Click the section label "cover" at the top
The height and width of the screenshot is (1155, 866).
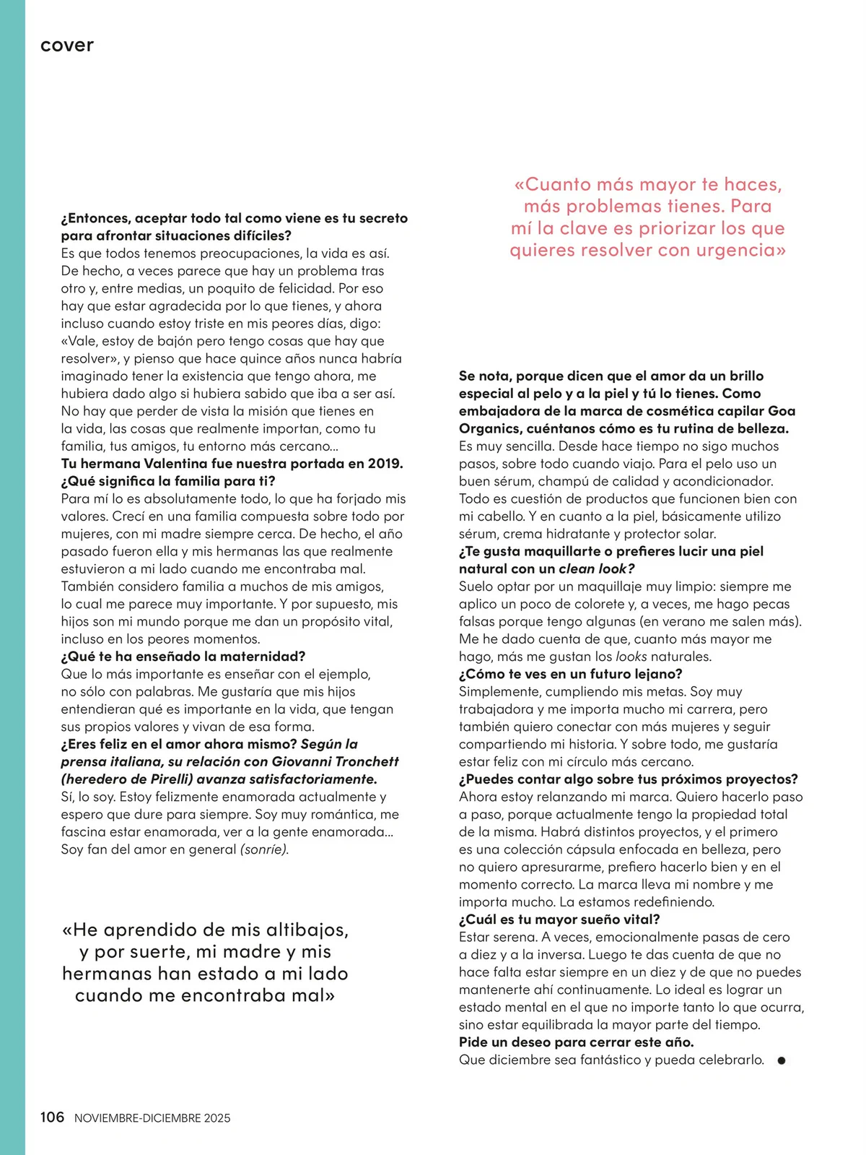pyautogui.click(x=67, y=46)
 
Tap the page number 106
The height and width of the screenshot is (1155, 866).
pyautogui.click(x=52, y=1117)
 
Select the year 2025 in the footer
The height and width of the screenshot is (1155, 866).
pyautogui.click(x=216, y=1118)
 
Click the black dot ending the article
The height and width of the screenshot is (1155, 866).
pyautogui.click(x=781, y=1060)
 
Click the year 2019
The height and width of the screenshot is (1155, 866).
pyautogui.click(x=385, y=464)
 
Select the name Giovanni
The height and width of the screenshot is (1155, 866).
pyautogui.click(x=302, y=761)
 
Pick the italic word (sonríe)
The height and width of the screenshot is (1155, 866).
pyautogui.click(x=264, y=849)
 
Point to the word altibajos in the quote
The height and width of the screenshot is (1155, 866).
pyautogui.click(x=296, y=930)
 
